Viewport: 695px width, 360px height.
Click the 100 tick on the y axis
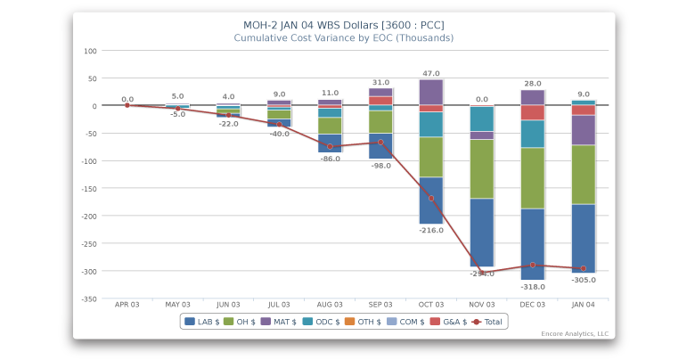click(x=90, y=51)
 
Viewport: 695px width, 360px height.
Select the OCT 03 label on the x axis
click(x=431, y=305)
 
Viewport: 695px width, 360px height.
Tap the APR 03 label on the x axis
click(x=127, y=305)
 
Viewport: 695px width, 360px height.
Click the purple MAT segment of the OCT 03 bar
click(x=431, y=92)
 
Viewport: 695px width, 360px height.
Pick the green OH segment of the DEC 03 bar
click(x=533, y=178)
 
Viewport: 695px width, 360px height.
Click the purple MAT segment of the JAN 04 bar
click(x=584, y=130)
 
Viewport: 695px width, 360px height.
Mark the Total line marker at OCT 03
click(x=431, y=198)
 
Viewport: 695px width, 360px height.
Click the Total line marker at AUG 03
click(x=330, y=146)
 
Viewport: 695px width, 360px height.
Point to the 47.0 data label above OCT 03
click(x=431, y=74)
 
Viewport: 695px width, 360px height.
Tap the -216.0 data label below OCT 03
click(x=431, y=231)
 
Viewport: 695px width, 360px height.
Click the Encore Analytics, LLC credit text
click(x=575, y=334)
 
